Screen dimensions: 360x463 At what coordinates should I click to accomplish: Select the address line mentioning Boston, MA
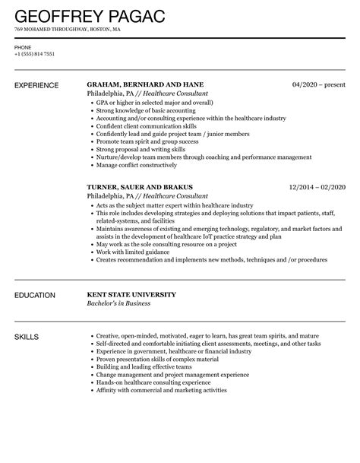pos(67,30)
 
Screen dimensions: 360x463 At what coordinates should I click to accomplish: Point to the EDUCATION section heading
pos(35,294)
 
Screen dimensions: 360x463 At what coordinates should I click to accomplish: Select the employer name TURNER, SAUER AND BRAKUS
pos(140,186)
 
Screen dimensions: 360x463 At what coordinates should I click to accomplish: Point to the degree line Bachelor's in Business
pos(118,303)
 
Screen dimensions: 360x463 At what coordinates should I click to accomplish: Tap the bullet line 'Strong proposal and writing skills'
pos(141,149)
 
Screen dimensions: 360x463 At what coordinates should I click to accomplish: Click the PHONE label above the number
pos(22,46)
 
